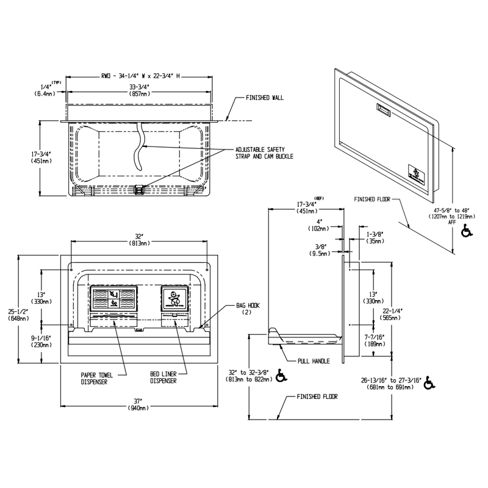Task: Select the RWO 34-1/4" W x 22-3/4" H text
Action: [x=140, y=76]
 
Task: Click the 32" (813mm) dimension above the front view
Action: [x=140, y=239]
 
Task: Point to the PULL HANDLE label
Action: [x=313, y=361]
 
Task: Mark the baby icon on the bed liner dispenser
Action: [x=174, y=299]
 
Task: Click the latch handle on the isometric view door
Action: [x=384, y=110]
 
